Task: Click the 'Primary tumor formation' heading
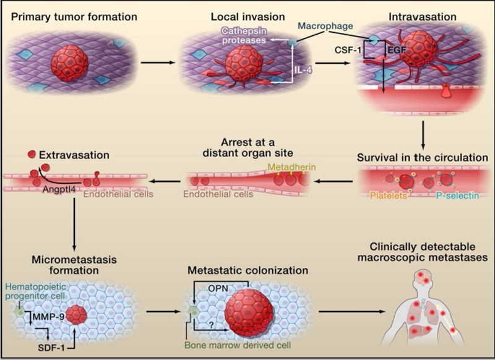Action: tap(74, 17)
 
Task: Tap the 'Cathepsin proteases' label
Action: tap(244, 36)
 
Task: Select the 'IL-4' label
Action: tap(303, 70)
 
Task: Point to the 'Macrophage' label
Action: tap(325, 26)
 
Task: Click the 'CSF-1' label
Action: tap(348, 50)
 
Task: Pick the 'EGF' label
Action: tap(397, 49)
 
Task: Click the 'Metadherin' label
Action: tap(291, 167)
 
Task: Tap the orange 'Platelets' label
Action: tap(389, 195)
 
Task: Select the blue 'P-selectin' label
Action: tap(457, 195)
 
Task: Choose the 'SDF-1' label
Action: tap(51, 348)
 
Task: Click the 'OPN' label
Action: tap(218, 288)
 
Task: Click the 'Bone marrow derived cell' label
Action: tap(238, 345)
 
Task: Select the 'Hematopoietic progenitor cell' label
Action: tap(36, 291)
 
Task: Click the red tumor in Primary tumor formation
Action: tap(69, 63)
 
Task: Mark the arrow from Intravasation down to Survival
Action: tap(423, 135)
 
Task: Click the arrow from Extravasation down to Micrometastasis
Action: tap(74, 224)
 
